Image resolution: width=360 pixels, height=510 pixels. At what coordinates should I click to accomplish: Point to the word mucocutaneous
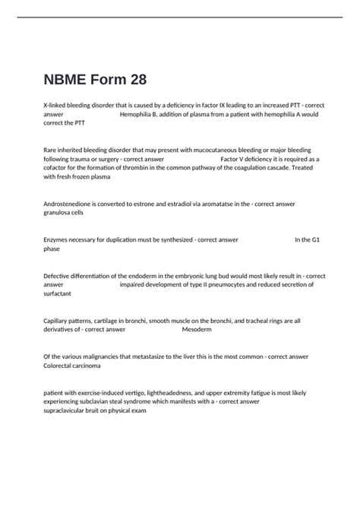click(227, 150)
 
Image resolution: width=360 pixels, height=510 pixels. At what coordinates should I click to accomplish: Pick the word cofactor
click(57, 168)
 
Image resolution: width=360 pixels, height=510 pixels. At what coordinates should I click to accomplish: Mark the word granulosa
click(58, 213)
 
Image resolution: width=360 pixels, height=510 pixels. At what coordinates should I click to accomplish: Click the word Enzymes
click(57, 239)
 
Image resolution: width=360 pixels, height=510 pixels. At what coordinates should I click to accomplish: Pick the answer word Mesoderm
click(198, 329)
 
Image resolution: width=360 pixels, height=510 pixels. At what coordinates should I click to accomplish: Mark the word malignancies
click(105, 356)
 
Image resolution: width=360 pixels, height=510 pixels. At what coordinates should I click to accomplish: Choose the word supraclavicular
click(68, 410)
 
